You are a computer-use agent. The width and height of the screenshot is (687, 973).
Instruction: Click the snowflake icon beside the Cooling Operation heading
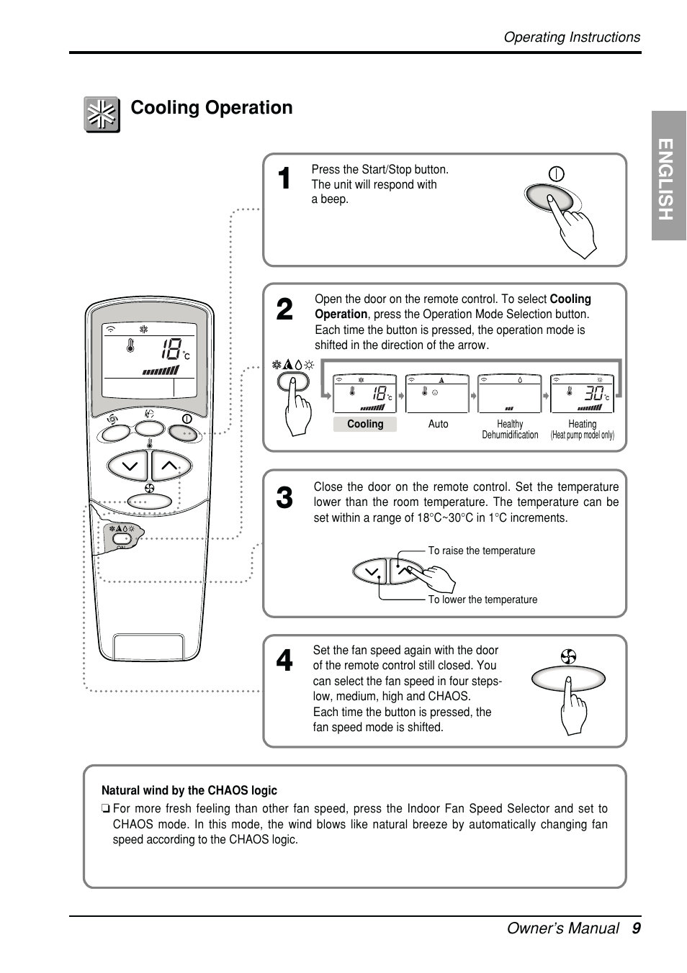(102, 114)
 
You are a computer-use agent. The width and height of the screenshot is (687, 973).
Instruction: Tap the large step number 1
(285, 178)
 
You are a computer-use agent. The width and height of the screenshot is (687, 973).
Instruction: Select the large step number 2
(285, 310)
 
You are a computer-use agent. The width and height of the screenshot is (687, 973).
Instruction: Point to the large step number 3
(285, 498)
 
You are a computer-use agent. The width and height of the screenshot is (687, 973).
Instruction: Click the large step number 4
(285, 661)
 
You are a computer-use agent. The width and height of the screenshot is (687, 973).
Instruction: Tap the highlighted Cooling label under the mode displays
(365, 425)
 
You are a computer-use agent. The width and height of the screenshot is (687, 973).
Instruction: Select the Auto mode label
(438, 425)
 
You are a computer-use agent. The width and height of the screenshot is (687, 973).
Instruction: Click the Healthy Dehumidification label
(510, 430)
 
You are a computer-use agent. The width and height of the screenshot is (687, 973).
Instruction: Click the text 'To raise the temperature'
(482, 551)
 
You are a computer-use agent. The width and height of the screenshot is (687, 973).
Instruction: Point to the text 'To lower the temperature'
(482, 600)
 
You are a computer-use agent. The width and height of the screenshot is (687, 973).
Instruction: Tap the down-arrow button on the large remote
(129, 466)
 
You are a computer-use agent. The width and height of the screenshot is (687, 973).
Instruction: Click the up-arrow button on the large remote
(170, 466)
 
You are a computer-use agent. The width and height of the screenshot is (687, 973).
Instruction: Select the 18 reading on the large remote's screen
(171, 350)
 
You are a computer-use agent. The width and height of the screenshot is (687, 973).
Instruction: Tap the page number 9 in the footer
(636, 928)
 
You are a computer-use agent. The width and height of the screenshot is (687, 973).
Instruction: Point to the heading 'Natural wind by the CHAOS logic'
(189, 790)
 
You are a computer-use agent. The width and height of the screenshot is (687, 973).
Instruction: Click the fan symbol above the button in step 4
(569, 656)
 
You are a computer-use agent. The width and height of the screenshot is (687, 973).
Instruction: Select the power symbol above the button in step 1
(556, 174)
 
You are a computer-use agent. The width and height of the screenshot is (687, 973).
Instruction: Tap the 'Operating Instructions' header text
(572, 37)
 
